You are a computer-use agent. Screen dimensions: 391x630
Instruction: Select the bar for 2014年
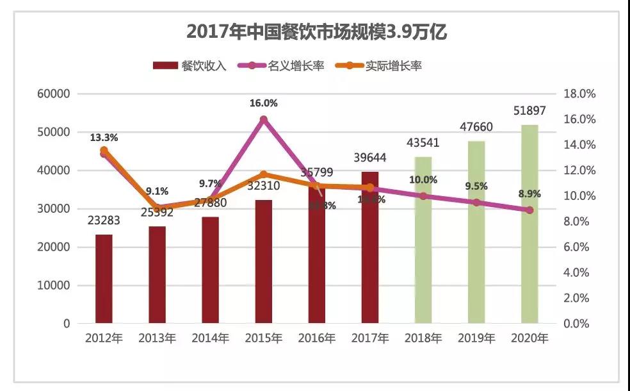click(211, 270)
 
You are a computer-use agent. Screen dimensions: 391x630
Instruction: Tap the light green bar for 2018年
click(423, 240)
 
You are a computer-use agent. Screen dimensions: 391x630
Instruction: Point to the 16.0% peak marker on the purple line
click(263, 119)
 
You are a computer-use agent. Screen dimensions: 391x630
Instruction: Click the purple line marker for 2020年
click(529, 210)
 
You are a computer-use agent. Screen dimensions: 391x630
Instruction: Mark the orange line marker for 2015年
click(263, 174)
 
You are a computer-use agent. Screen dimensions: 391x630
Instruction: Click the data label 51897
click(529, 112)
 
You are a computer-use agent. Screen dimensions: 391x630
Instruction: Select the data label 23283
click(104, 220)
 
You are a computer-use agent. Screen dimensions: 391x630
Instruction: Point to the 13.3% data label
click(104, 137)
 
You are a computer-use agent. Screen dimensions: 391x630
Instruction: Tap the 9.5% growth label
click(476, 187)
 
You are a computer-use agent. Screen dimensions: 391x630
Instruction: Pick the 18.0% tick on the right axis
click(579, 94)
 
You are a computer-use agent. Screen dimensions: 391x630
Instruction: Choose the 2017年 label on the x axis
click(370, 338)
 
